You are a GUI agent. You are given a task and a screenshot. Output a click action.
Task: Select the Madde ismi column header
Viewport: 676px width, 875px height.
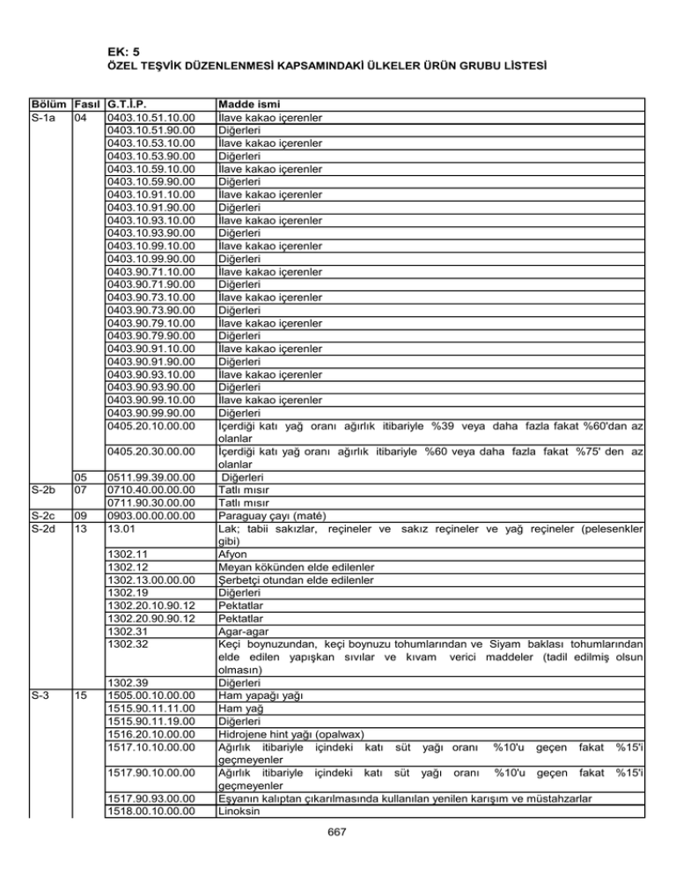click(x=251, y=106)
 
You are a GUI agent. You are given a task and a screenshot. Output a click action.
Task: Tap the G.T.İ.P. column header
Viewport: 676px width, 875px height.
click(x=130, y=106)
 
